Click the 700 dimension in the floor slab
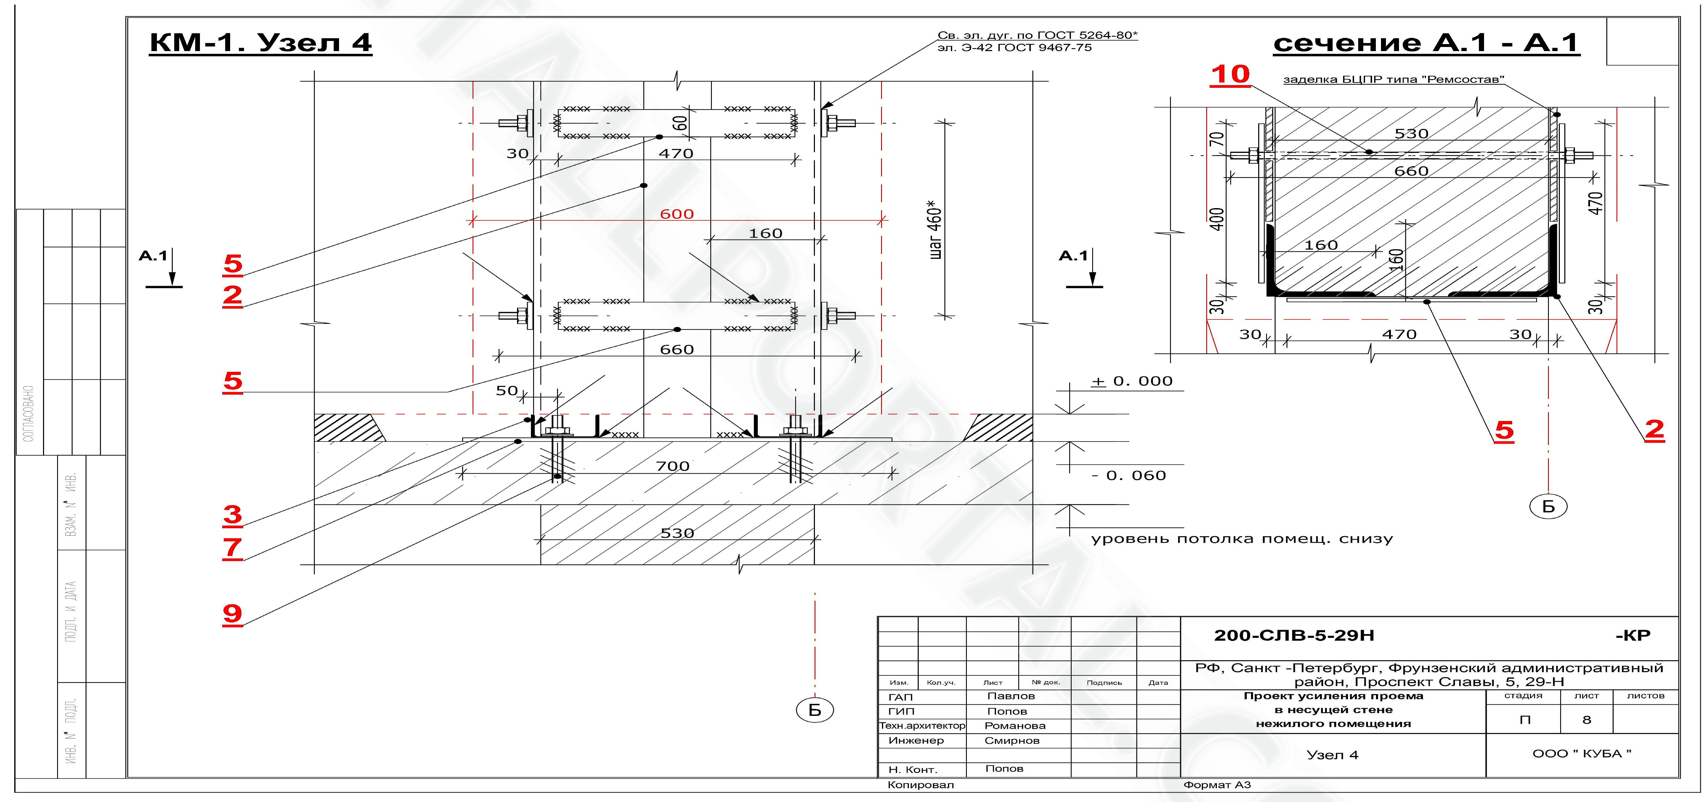[673, 466]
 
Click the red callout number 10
[1230, 75]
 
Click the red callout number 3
[233, 514]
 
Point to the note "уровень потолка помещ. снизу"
[1242, 539]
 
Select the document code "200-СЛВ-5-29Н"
[1294, 636]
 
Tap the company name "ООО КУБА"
[1582, 754]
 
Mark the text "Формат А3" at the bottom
[1217, 785]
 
